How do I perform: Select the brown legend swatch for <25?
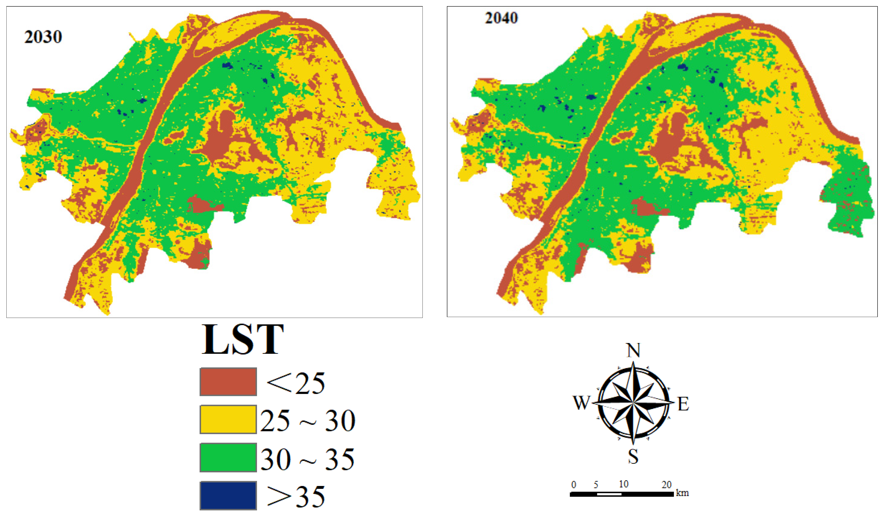228,382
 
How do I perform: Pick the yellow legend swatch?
228,419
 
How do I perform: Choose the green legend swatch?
228,457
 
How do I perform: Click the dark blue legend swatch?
228,495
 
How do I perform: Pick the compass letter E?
683,404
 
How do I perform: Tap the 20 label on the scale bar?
666,485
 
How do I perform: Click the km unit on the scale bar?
682,493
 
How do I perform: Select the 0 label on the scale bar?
573,485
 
